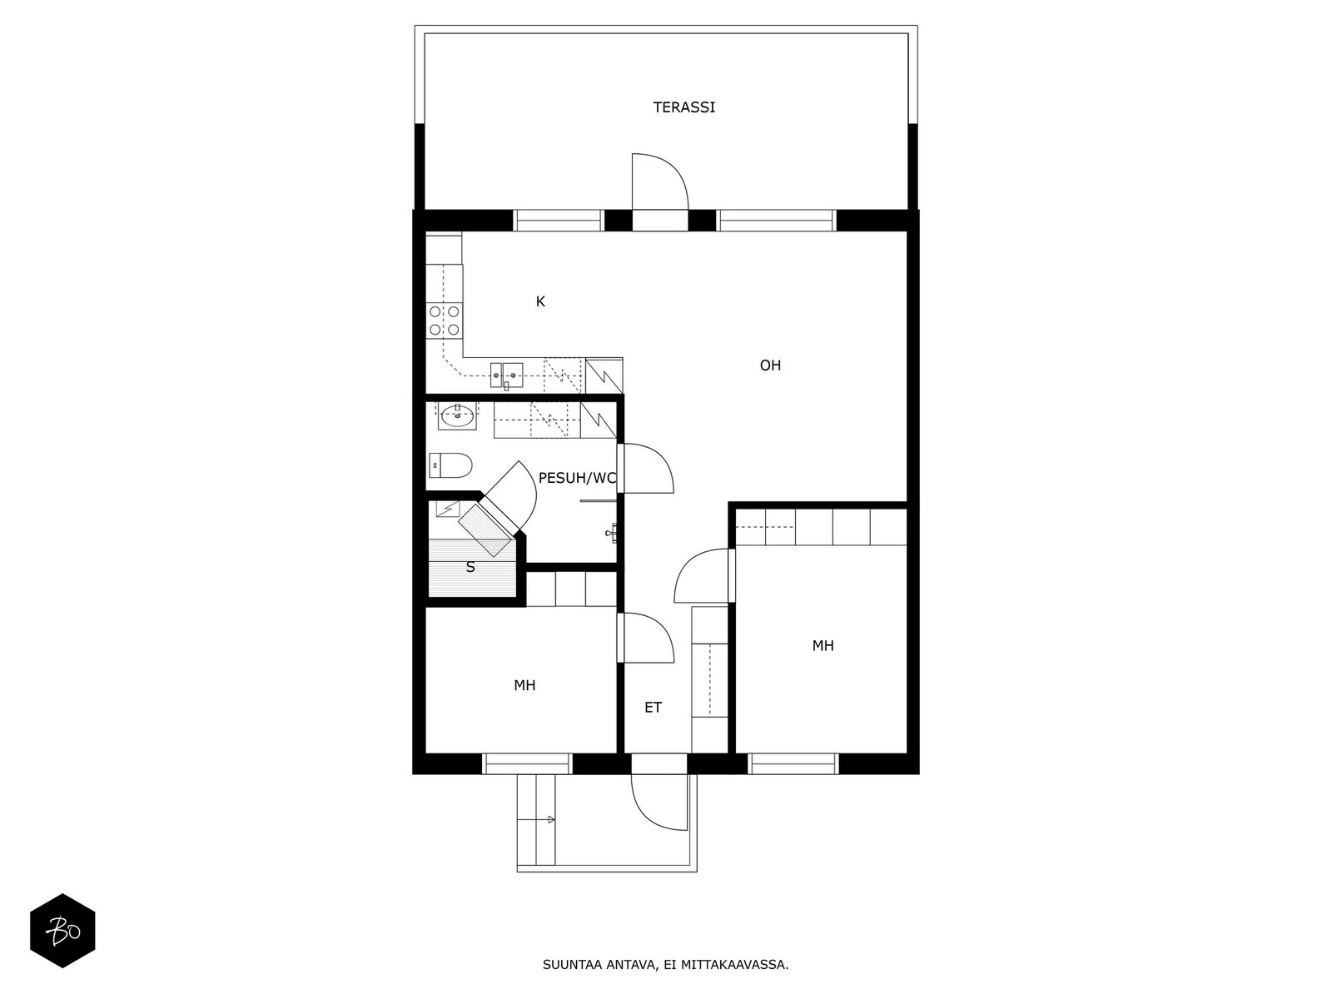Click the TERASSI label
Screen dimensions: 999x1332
tap(683, 107)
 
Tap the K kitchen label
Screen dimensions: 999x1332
tap(540, 301)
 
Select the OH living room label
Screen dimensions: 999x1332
tap(770, 365)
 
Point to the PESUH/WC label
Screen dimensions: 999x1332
tap(577, 478)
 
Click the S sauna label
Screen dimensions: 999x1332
tap(470, 568)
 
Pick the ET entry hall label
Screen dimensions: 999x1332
tap(653, 708)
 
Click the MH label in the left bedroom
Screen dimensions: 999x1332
tap(524, 685)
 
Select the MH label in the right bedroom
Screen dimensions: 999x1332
tap(823, 646)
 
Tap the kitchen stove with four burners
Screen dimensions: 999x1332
tap(445, 321)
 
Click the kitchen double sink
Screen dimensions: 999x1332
tap(506, 375)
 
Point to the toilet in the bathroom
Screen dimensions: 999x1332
tap(450, 465)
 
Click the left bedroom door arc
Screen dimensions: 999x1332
tap(649, 638)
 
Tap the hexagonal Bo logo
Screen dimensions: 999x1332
tap(62, 931)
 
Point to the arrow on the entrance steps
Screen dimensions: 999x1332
tap(551, 820)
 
